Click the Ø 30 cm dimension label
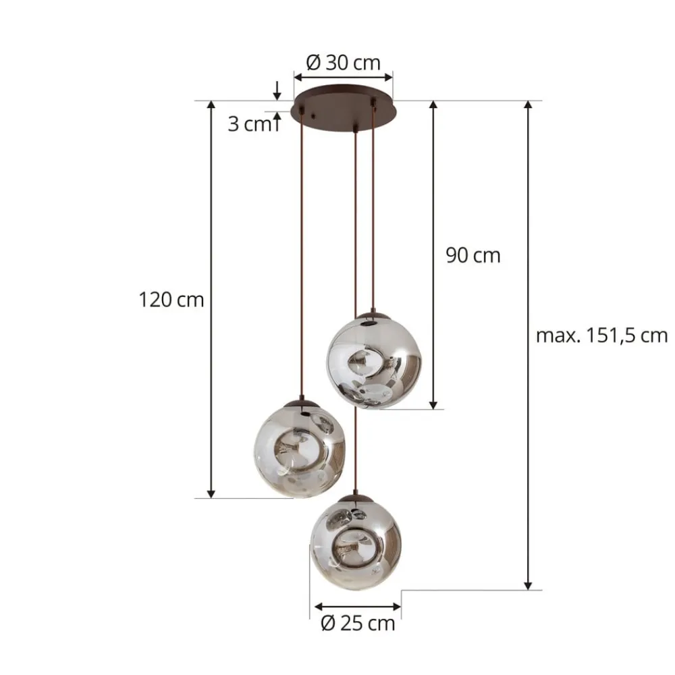343,63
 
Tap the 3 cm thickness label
248,124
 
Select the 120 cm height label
171,299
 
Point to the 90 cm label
473,255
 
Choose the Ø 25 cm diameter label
358,623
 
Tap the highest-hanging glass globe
373,362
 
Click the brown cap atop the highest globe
373,316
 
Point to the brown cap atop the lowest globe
356,498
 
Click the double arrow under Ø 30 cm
343,77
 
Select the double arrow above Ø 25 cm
358,606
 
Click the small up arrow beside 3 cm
277,122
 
